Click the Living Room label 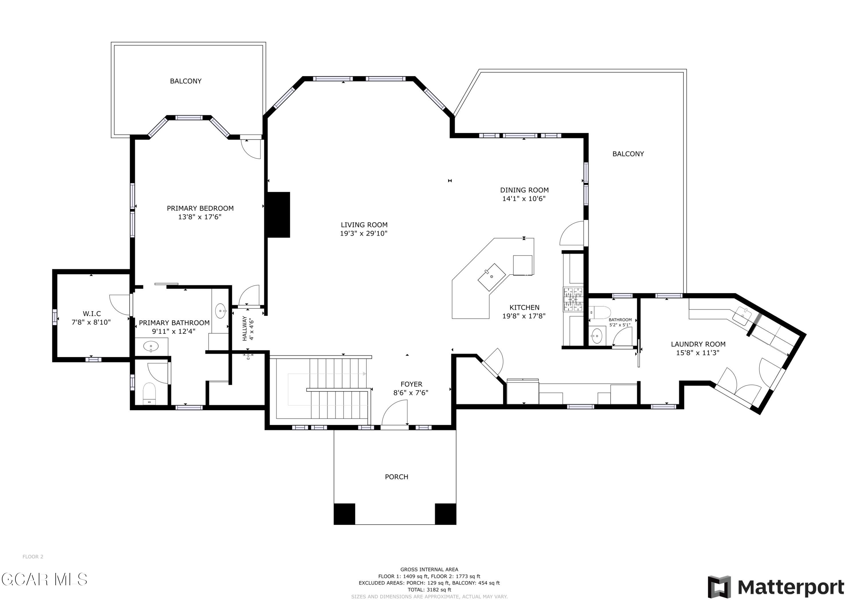pos(364,225)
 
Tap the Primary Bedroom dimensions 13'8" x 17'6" pos(200,217)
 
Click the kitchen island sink pos(492,277)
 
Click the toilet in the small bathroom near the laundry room pos(600,312)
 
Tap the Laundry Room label pos(698,344)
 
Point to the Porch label pos(397,477)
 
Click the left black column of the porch pos(344,514)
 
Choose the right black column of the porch pos(445,514)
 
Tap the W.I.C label pos(92,314)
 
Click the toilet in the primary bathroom pos(149,394)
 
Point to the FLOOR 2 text pos(33,557)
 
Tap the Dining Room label pos(524,190)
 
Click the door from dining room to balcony pos(572,233)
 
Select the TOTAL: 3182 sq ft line pos(429,590)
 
